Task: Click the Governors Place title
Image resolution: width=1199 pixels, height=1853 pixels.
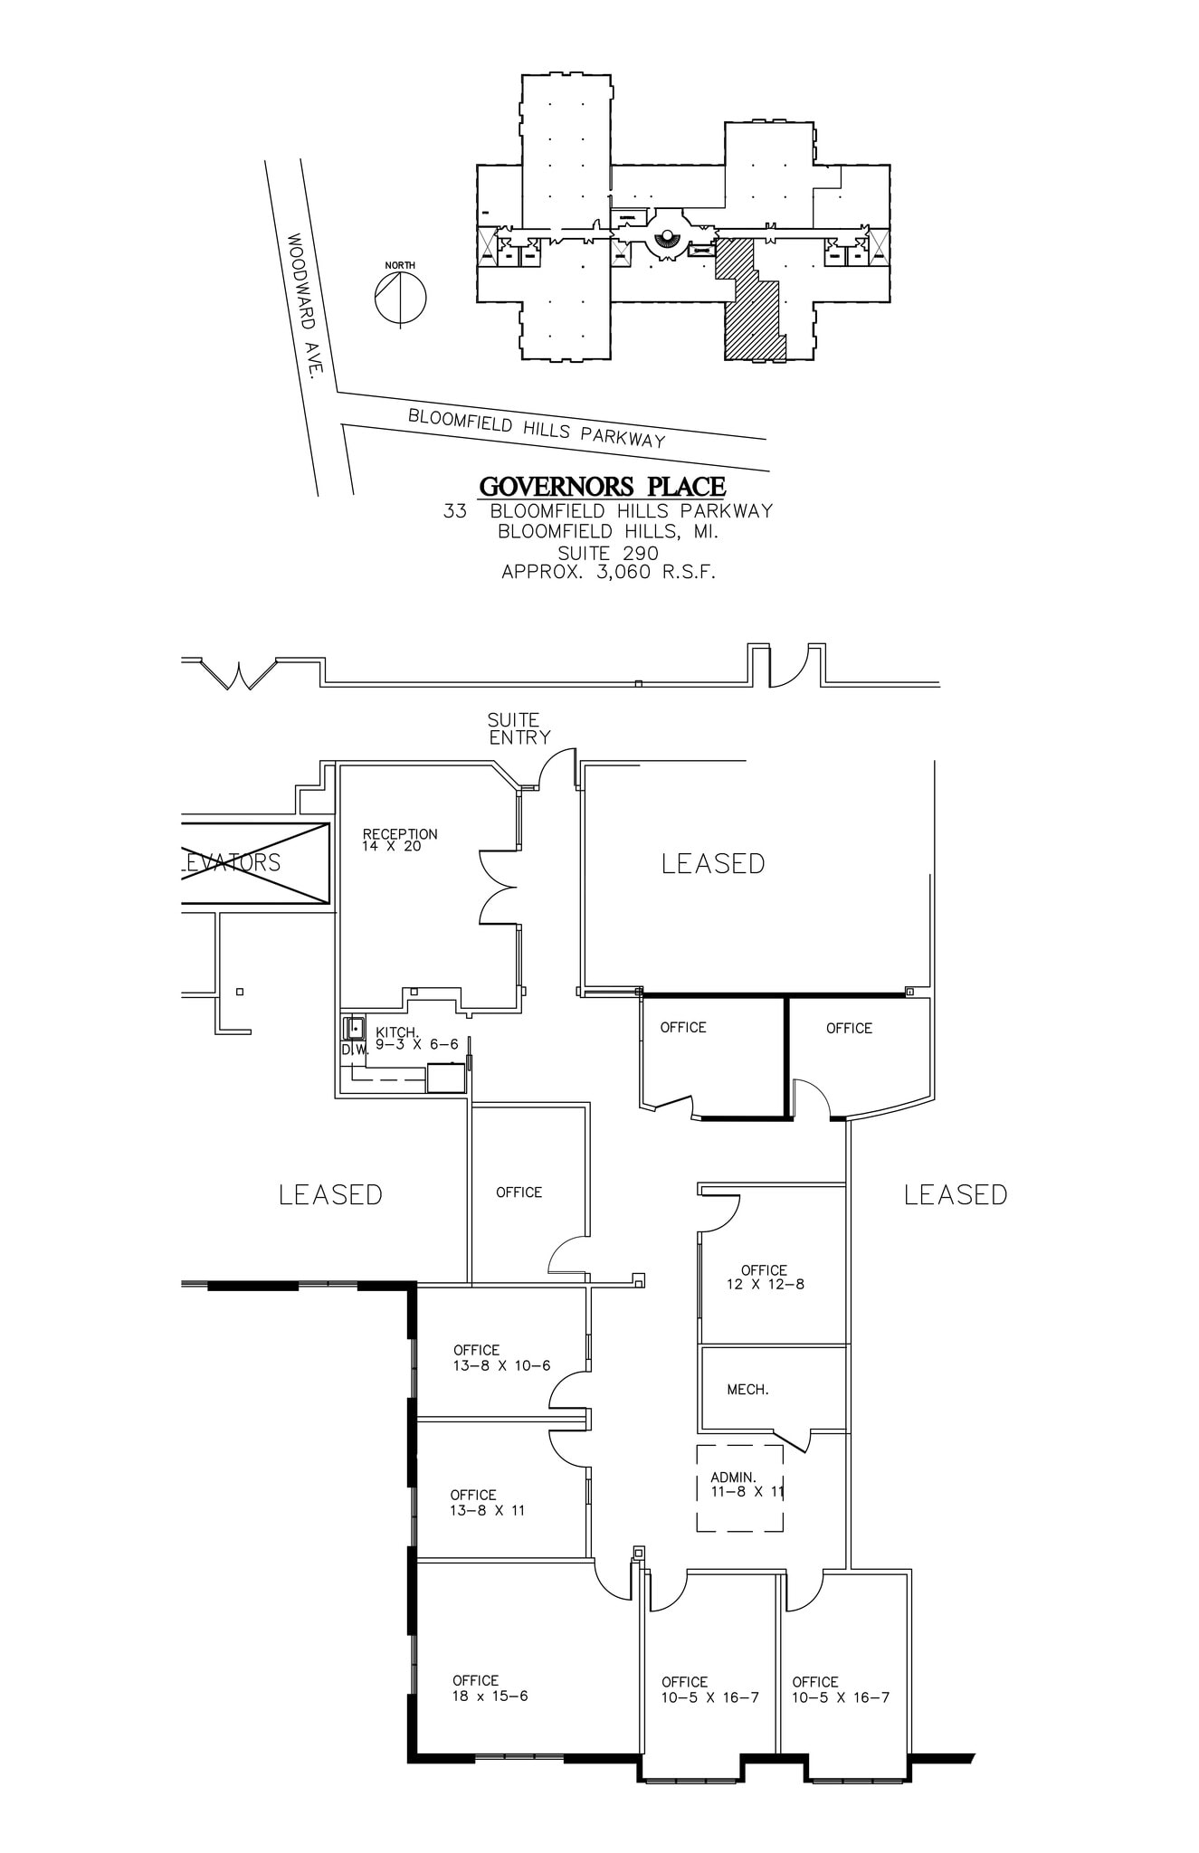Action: click(x=602, y=487)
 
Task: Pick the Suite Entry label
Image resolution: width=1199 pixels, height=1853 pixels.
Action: click(x=519, y=728)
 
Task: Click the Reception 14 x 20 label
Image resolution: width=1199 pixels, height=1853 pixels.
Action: click(x=399, y=840)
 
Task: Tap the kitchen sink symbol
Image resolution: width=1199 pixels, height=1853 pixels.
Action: click(x=355, y=1029)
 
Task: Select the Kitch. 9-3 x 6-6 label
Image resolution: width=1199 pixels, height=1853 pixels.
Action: click(x=416, y=1038)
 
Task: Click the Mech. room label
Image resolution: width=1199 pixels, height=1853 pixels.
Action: click(x=747, y=1389)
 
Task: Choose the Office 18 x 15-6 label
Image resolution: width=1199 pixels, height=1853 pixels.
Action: click(x=490, y=1688)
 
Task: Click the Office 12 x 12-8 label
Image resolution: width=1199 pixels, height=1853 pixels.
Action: click(x=765, y=1277)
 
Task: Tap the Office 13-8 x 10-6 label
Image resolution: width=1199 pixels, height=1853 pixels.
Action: click(x=501, y=1358)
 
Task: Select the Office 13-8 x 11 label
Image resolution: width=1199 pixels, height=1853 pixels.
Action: click(x=487, y=1502)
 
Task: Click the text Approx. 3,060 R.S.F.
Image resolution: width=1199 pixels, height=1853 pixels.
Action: click(x=608, y=572)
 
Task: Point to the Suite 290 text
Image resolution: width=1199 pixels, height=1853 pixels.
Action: click(x=608, y=552)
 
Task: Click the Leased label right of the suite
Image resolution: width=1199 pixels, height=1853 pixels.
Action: click(x=956, y=1194)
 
